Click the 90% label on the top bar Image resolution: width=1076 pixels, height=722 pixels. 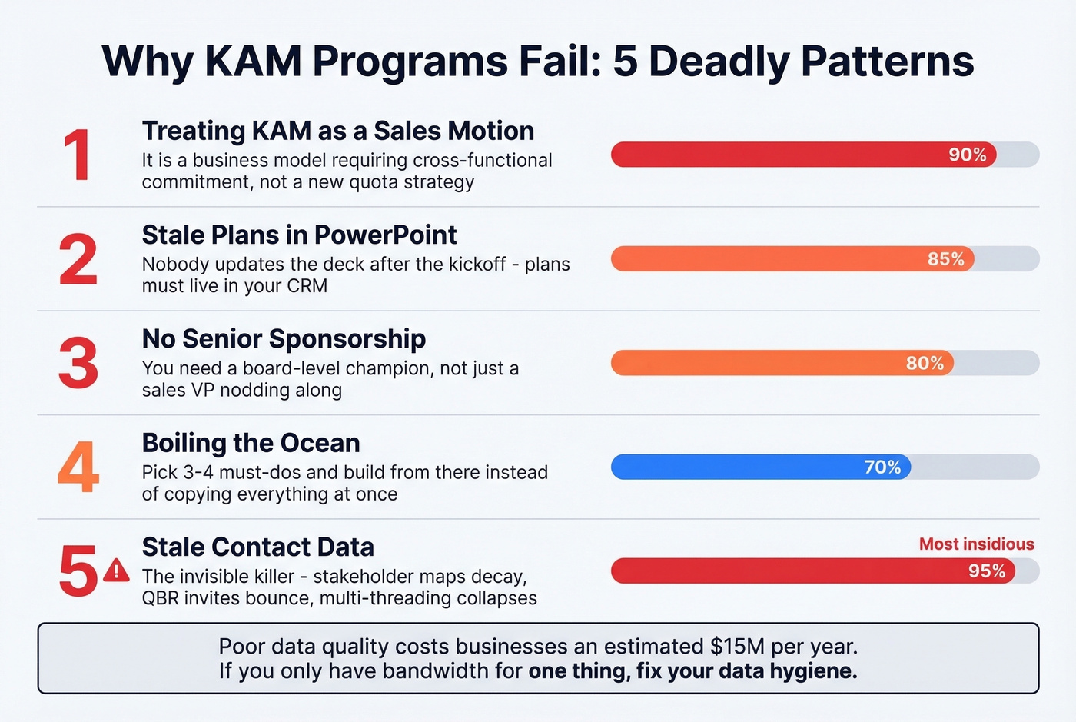coord(967,155)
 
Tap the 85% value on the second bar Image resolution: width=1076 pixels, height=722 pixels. coord(945,259)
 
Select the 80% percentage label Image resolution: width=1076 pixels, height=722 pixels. coord(925,363)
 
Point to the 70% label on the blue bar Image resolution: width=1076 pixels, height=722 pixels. coord(882,467)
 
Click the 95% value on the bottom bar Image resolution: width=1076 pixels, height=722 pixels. coord(987,571)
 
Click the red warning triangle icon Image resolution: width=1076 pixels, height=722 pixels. coord(116,571)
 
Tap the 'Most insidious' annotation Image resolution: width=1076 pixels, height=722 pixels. coord(976,544)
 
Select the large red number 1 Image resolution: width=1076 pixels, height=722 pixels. coord(78,155)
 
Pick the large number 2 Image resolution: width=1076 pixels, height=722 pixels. coord(78,260)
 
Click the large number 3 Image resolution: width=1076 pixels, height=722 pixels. coord(78,363)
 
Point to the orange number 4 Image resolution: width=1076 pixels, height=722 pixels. coord(78,467)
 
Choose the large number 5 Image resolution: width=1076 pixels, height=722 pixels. coord(78,571)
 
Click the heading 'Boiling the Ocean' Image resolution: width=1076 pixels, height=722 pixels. coord(251,443)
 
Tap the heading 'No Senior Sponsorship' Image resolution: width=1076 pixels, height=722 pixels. coord(284,338)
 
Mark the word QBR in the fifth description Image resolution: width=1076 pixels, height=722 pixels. coord(161,598)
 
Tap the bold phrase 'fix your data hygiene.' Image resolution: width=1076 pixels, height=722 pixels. coord(746,671)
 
